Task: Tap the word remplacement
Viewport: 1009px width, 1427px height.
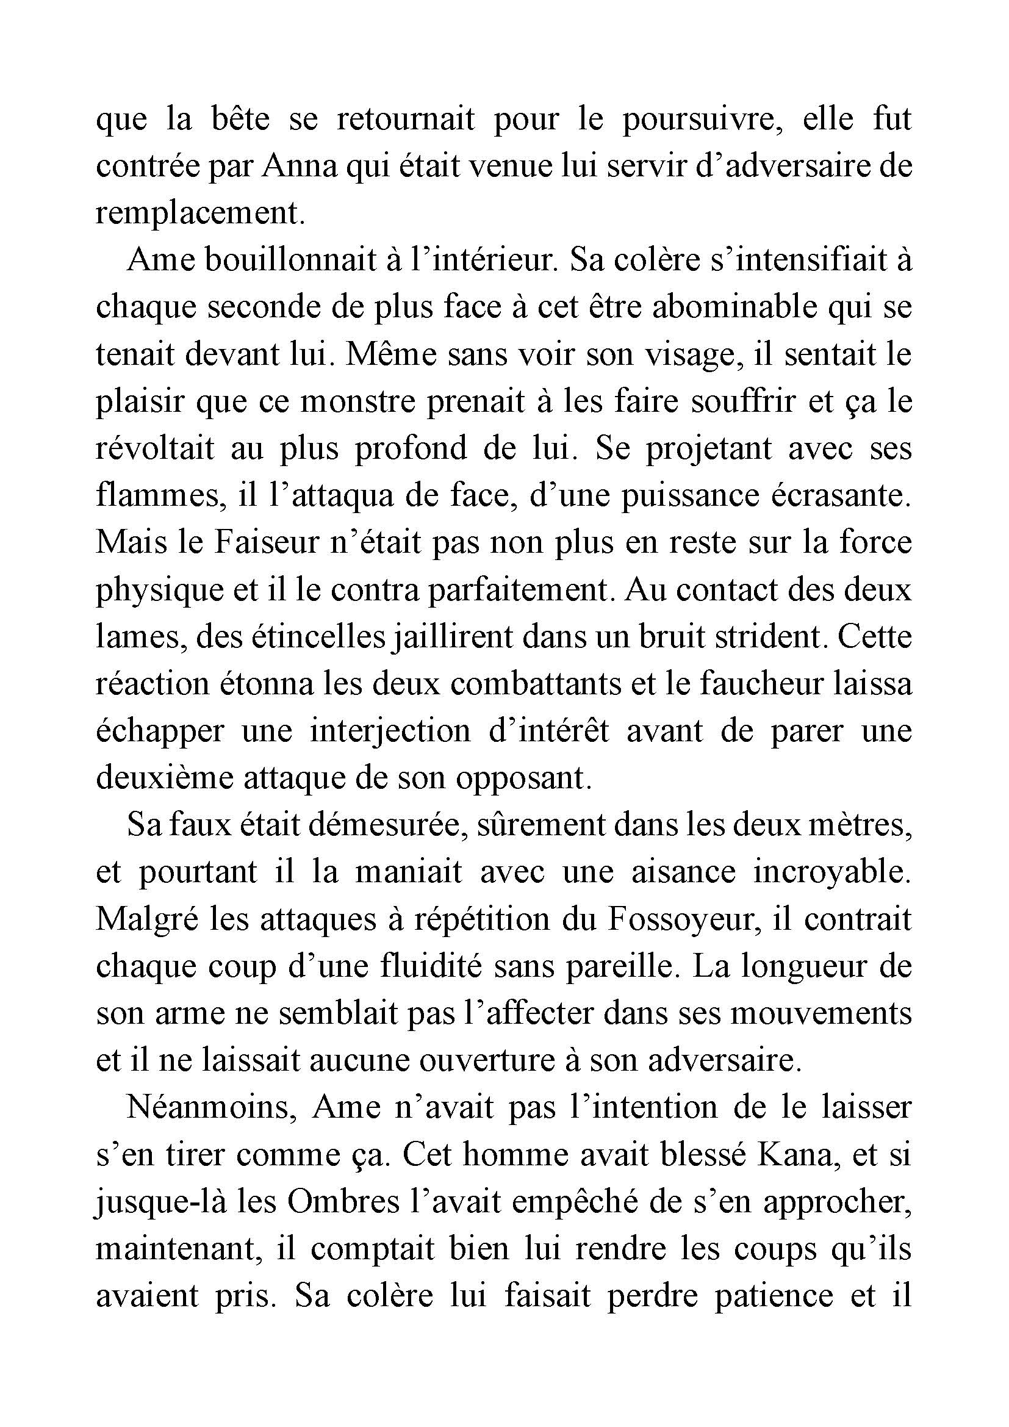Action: pyautogui.click(x=201, y=213)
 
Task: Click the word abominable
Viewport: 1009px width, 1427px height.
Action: pyautogui.click(x=747, y=307)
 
